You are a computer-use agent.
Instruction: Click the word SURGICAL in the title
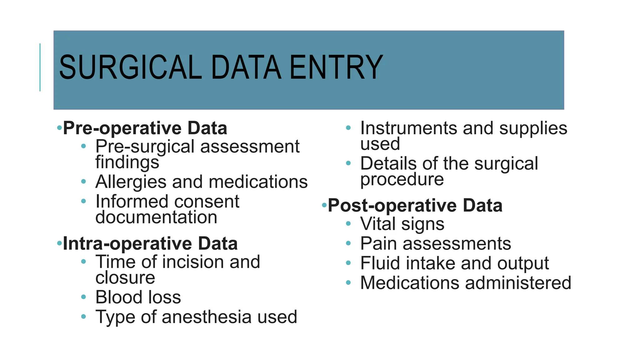point(130,67)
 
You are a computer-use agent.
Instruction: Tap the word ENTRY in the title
point(336,67)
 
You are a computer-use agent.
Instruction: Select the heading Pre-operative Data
point(145,128)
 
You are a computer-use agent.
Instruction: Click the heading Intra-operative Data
point(150,243)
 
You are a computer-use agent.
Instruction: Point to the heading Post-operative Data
point(415,205)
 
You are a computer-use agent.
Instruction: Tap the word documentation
point(156,217)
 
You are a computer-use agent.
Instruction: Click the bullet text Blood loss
point(138,297)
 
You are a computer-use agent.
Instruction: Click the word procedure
point(402,179)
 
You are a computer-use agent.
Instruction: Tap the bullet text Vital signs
point(402,224)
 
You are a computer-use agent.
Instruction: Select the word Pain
point(378,243)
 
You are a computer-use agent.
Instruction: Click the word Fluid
point(380,263)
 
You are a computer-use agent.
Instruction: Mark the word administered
point(518,283)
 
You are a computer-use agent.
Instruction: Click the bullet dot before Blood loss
point(83,297)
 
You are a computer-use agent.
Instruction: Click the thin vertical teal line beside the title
point(40,67)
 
